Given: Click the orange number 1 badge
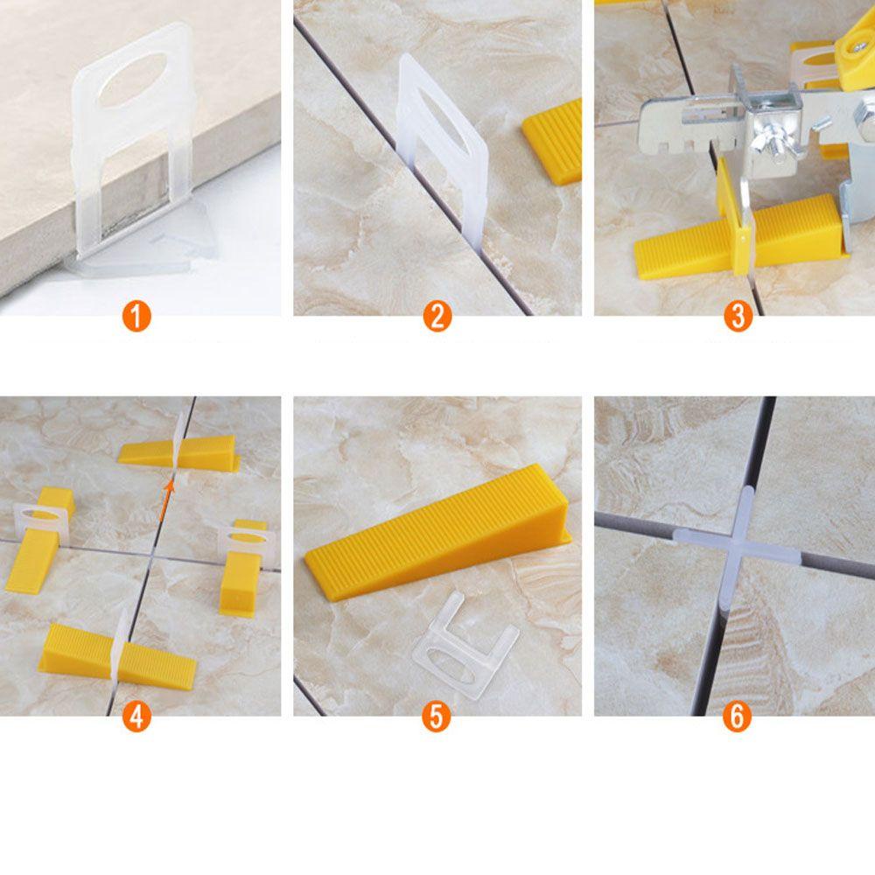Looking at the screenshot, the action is tap(136, 317).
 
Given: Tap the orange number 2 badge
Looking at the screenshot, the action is tap(437, 317).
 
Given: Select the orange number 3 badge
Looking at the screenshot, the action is tap(738, 317).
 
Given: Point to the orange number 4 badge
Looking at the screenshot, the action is tap(136, 716).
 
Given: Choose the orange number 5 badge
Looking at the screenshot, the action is tap(437, 716).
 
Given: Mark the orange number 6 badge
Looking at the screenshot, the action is tap(737, 716).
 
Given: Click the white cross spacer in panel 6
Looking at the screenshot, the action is tap(738, 549).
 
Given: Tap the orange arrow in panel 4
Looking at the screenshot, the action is tap(166, 501).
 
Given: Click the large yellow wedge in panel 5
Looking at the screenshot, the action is tap(438, 530).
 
